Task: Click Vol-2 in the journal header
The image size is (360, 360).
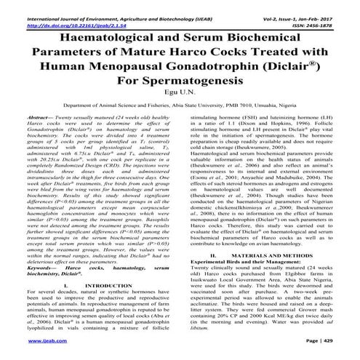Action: (260, 7)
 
